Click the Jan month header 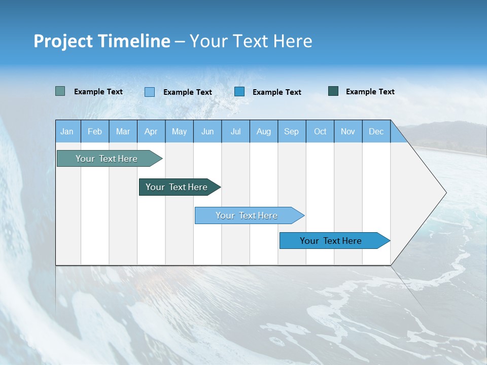click(67, 131)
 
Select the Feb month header click(95, 131)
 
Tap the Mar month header click(123, 131)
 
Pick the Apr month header click(151, 131)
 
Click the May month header click(179, 131)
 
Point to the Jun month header click(207, 131)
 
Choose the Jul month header click(235, 131)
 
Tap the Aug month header click(264, 131)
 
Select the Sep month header click(292, 131)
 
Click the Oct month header click(320, 131)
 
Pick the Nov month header click(348, 131)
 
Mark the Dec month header click(376, 131)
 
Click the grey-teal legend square click(60, 91)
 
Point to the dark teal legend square click(333, 91)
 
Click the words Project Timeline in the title click(102, 41)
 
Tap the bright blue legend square click(239, 91)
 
